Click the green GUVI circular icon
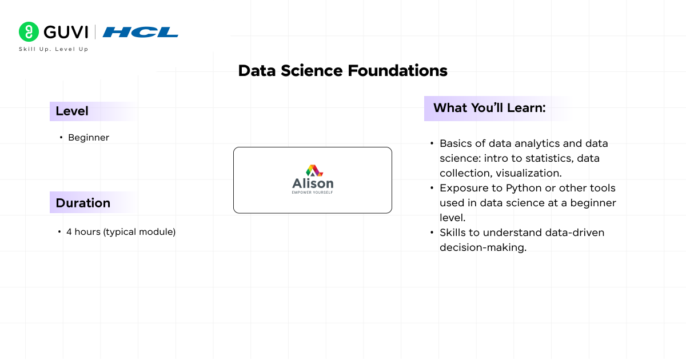[x=29, y=31]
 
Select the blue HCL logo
[x=141, y=32]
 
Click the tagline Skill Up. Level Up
[x=54, y=49]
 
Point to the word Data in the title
[x=256, y=71]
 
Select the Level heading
[x=72, y=111]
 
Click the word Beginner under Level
[x=89, y=138]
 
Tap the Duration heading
[x=83, y=203]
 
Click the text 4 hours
[x=83, y=232]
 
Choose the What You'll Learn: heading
[x=489, y=108]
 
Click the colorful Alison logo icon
[x=313, y=170]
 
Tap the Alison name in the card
[x=313, y=184]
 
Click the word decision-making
[x=482, y=247]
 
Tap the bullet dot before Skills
[x=432, y=233]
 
